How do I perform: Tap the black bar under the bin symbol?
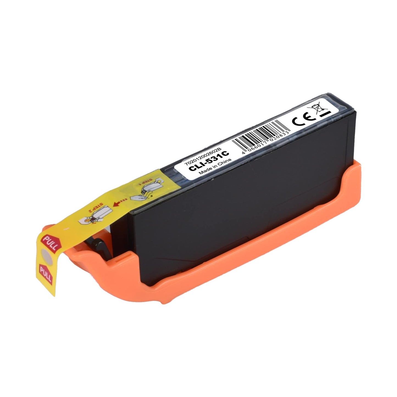pyautogui.click(x=326, y=114)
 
